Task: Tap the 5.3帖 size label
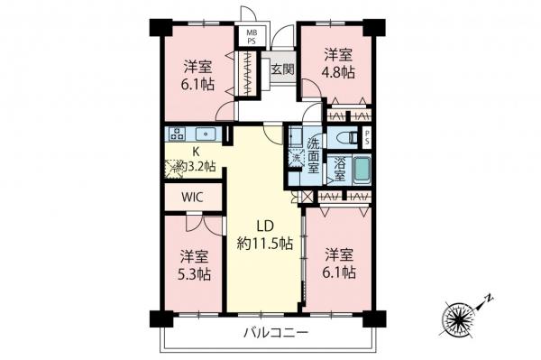pos(194,272)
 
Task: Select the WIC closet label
pos(192,196)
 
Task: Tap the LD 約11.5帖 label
pos(264,234)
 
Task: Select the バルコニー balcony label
pos(277,333)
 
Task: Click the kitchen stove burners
pos(174,136)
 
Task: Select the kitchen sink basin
pos(204,136)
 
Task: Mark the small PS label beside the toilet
pos(367,137)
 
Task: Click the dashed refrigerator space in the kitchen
pos(174,166)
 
